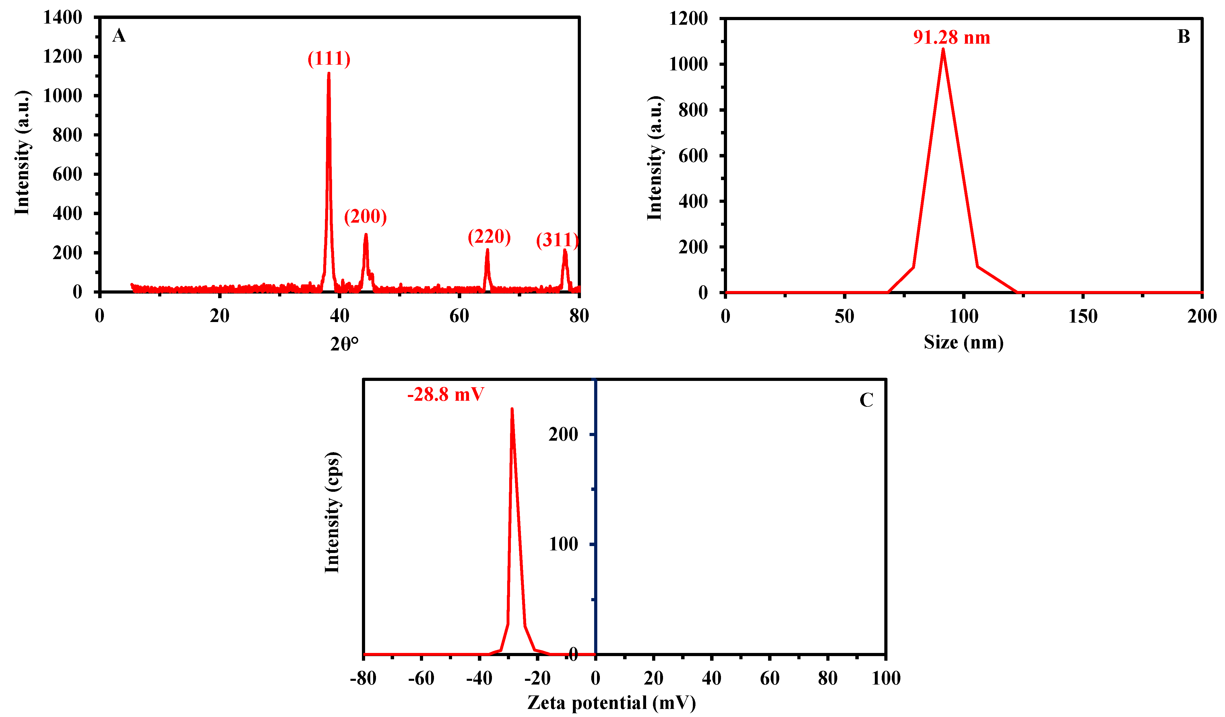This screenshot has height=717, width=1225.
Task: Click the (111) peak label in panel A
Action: tap(329, 59)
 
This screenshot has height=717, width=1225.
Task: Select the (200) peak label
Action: tap(365, 217)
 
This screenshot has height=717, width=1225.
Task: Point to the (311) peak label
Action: tap(557, 240)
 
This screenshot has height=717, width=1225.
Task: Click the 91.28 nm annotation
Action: tap(951, 37)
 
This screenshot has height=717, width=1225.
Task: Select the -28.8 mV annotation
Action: tap(445, 394)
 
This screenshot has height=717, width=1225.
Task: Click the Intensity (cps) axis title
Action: tap(332, 513)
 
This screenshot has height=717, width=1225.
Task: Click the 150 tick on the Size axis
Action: tap(1083, 317)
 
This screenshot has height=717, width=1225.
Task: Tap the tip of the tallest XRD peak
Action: tap(329, 74)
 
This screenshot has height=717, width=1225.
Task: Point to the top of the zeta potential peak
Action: tap(512, 409)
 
